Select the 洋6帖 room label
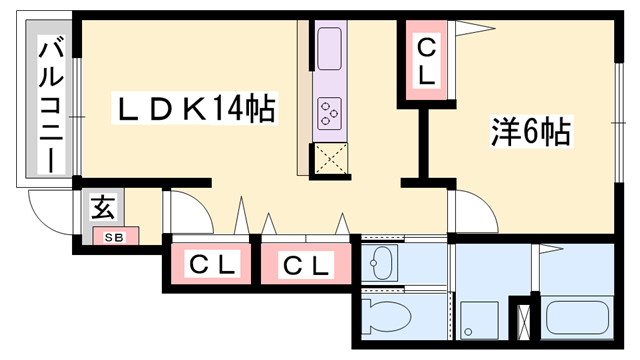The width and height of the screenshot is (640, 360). point(530,132)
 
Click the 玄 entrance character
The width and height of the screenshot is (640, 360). point(102,208)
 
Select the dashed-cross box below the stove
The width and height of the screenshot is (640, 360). point(331,158)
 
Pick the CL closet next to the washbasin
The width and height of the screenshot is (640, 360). point(305,266)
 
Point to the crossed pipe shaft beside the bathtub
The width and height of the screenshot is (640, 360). point(523,320)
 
